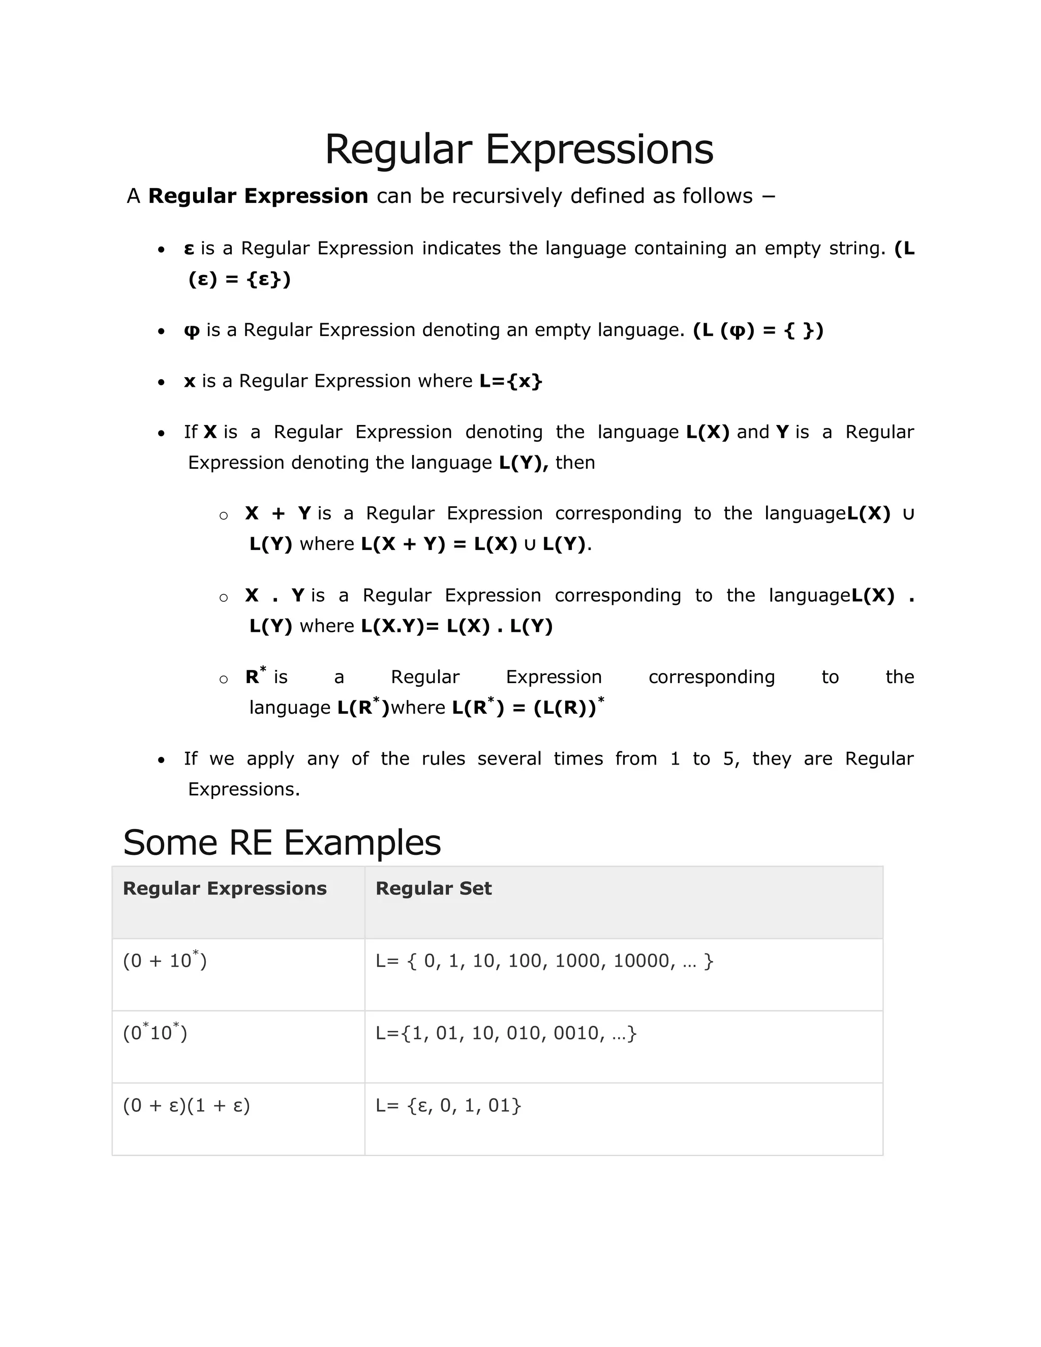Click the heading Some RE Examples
[x=282, y=842]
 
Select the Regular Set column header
[x=433, y=888]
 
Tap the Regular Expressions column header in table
[x=225, y=888]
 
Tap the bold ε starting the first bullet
[x=189, y=249]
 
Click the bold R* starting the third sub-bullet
[x=255, y=676]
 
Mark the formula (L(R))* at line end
[x=569, y=707]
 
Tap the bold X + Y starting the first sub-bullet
[x=278, y=513]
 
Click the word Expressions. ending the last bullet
[x=243, y=789]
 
